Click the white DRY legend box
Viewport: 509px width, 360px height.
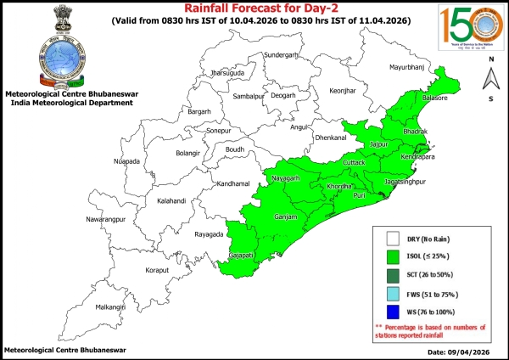(393, 239)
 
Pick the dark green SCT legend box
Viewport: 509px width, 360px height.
(393, 274)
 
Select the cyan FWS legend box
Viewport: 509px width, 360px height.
(393, 293)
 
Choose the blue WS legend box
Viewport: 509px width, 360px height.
(393, 312)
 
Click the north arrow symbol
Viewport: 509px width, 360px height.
(491, 79)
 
